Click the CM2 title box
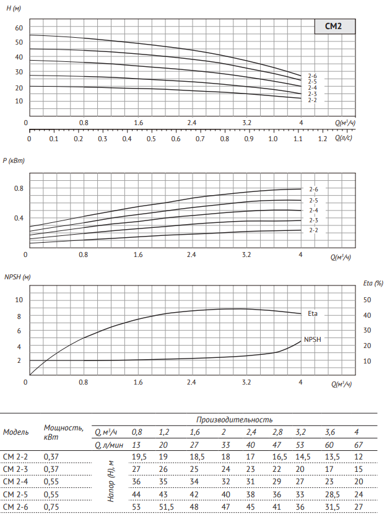[334, 27]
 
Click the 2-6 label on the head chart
[312, 76]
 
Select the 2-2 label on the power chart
[313, 230]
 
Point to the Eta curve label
[313, 314]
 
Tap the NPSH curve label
[313, 339]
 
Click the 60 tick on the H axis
[19, 28]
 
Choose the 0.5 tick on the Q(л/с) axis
[151, 139]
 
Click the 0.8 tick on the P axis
[19, 188]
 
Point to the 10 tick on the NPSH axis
[19, 300]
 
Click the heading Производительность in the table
[235, 420]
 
